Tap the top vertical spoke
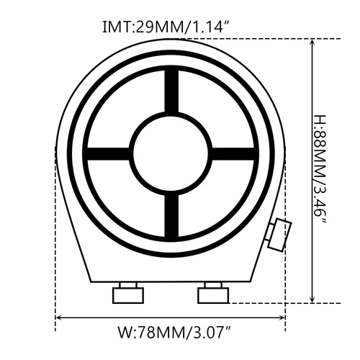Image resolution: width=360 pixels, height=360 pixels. click(171, 92)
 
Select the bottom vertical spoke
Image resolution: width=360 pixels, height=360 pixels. click(171, 214)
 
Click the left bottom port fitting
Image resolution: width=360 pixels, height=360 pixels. click(128, 293)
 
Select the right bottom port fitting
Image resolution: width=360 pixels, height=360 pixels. click(214, 293)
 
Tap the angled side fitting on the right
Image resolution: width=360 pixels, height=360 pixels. click(279, 233)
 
